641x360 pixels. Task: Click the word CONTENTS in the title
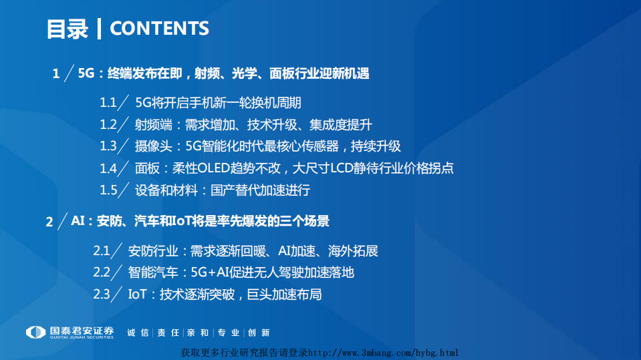tap(159, 28)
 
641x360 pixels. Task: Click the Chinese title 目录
tap(67, 29)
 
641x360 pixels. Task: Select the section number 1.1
tap(109, 102)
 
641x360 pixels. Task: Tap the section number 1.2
tap(109, 124)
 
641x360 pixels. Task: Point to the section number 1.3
tap(109, 146)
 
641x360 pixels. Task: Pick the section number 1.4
tap(109, 168)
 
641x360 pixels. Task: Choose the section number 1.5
tap(109, 190)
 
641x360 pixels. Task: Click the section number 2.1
tap(102, 250)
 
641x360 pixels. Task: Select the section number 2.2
tap(102, 272)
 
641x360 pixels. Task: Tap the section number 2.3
tap(102, 294)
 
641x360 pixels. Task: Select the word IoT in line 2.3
tap(138, 294)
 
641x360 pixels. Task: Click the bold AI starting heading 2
tap(78, 220)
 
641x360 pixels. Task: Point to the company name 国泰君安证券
tap(82, 330)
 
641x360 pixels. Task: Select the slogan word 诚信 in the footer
tap(137, 332)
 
